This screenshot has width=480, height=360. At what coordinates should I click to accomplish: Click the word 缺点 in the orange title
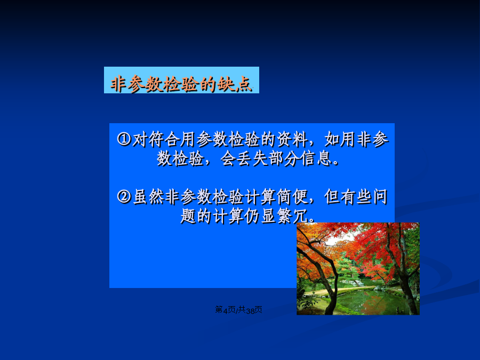pos(235,84)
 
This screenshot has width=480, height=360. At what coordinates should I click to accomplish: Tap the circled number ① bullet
pos(124,139)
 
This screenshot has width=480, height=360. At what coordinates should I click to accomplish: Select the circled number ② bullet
pos(124,196)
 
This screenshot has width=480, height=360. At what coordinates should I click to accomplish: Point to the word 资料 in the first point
pos(292,139)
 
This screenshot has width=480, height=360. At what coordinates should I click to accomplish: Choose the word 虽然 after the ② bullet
pos(148,196)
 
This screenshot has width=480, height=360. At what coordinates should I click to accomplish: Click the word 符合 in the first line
pos(164,139)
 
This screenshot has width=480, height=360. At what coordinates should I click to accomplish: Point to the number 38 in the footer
pos(251,310)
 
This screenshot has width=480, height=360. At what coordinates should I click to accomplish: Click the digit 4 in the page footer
pos(225,310)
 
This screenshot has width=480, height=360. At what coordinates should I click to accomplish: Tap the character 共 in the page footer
pos(242,310)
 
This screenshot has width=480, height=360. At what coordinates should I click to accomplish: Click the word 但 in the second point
pos(332,196)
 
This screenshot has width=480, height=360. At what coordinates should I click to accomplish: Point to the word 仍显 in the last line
pos(260,216)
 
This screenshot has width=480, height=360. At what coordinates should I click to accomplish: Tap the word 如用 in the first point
pos(340,139)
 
